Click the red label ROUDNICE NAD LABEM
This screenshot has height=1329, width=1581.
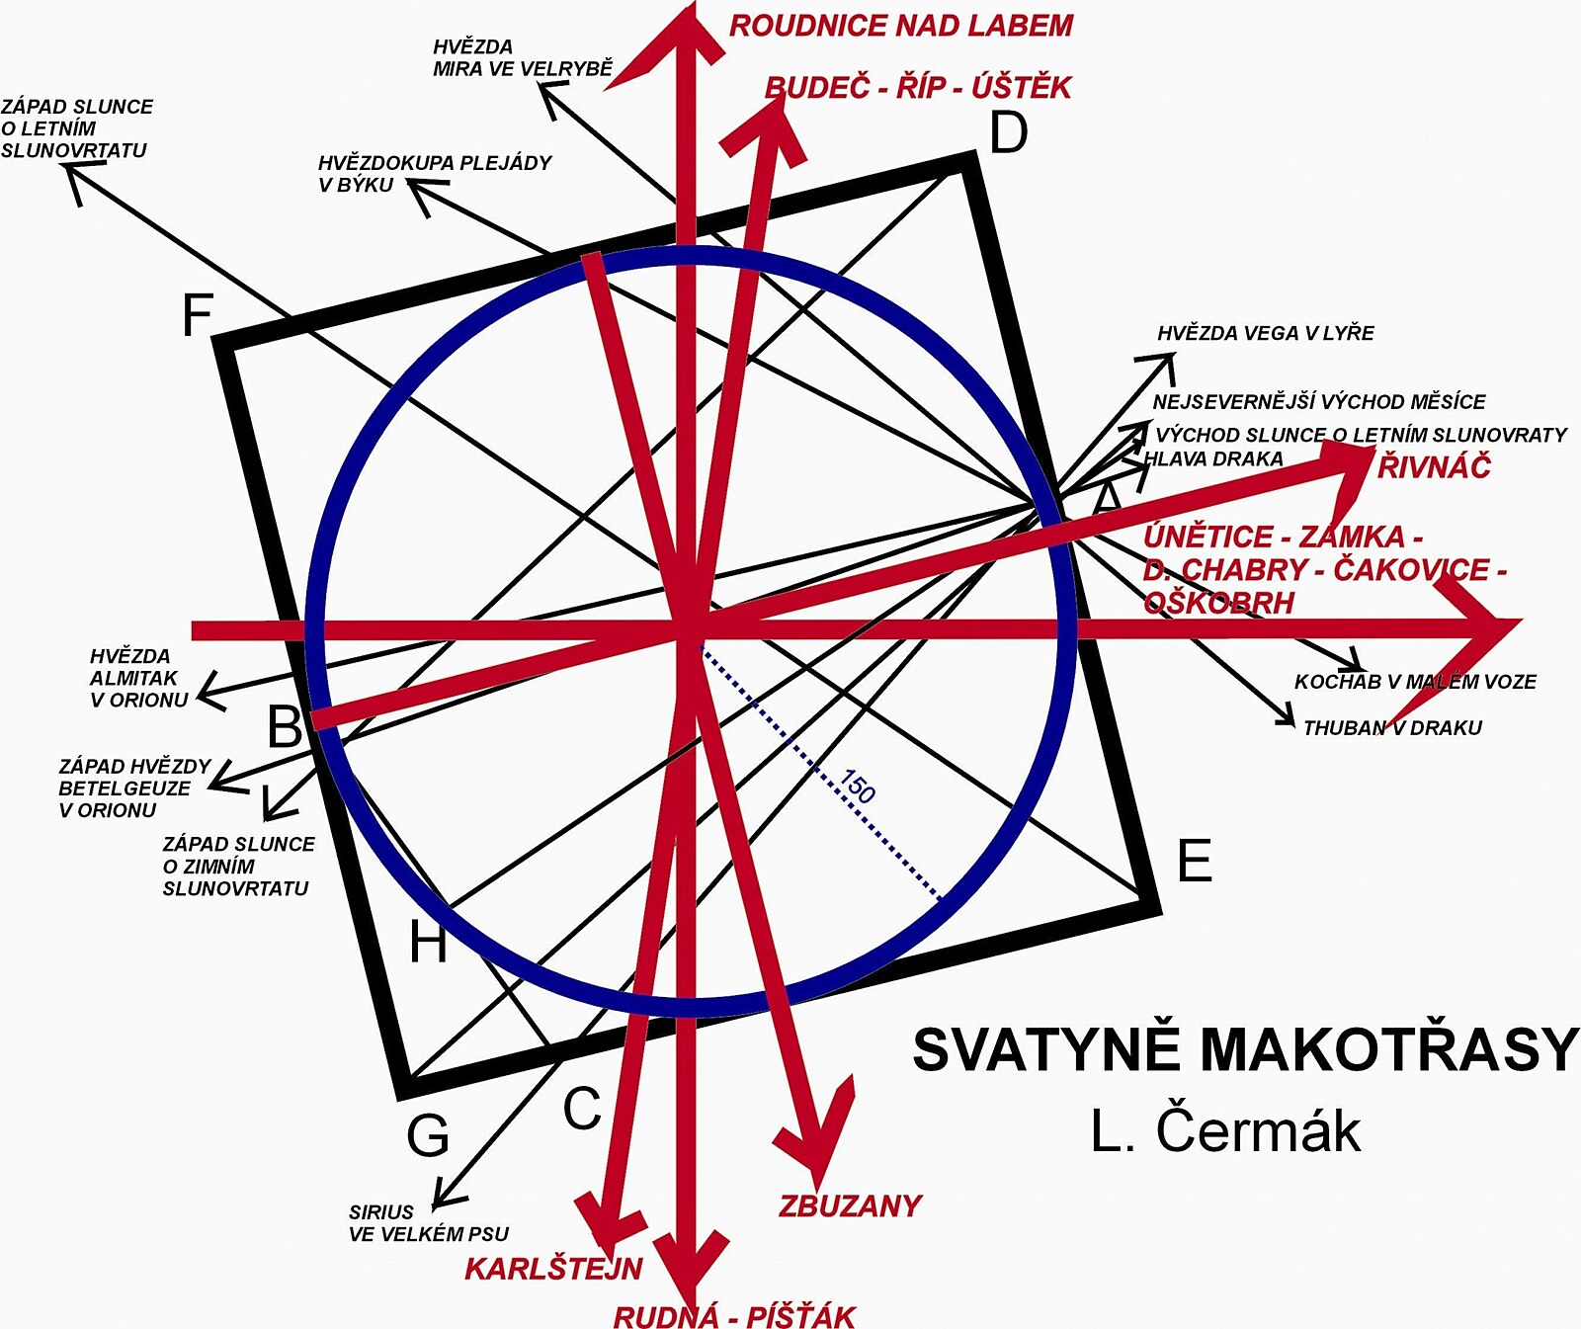[900, 26]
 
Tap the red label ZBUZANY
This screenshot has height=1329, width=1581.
[850, 1205]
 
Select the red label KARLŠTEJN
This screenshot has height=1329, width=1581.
[553, 1268]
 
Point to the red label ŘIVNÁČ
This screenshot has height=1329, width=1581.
[1434, 465]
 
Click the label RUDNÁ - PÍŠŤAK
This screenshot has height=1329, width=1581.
[734, 1315]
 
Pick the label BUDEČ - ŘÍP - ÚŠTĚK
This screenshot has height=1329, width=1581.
[918, 87]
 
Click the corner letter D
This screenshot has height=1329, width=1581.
[1008, 132]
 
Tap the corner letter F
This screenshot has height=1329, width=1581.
[198, 315]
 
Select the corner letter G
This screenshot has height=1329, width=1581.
[428, 1135]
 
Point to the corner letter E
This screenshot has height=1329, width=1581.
[1195, 860]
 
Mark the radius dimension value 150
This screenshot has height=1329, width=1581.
[857, 787]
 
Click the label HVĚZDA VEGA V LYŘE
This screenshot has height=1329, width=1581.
[1265, 333]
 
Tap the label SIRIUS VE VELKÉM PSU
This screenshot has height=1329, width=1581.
[428, 1222]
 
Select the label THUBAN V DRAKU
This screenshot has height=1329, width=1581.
[1392, 728]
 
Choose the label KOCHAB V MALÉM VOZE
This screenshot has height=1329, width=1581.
[1415, 681]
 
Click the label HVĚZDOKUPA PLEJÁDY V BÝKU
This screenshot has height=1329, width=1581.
[434, 173]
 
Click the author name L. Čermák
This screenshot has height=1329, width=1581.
[1225, 1129]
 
